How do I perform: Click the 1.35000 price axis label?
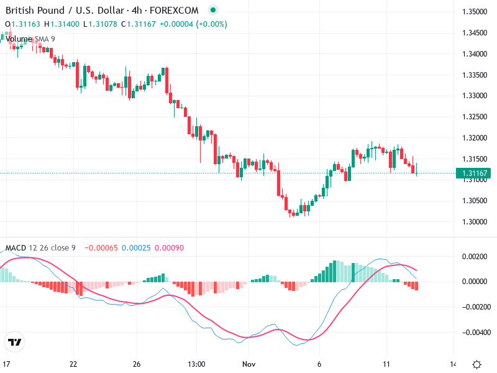[474, 12]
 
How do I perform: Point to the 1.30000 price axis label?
[474, 221]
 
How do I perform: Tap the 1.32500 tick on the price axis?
[474, 117]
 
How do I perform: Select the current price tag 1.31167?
[474, 173]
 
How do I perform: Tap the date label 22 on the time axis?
[73, 364]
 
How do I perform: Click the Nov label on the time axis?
[249, 364]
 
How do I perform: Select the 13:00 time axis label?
[196, 364]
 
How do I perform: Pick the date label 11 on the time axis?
[386, 364]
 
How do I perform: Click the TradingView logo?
[15, 342]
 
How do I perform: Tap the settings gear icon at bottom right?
[476, 364]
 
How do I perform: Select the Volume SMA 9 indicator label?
[30, 39]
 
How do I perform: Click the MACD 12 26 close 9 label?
[40, 248]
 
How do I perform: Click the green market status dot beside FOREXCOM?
[213, 11]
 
